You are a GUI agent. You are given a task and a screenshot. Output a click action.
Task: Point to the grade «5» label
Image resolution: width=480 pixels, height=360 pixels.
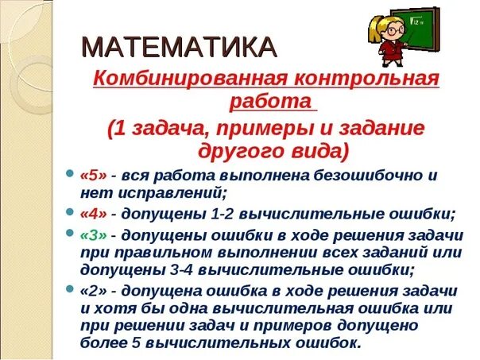(x=93, y=176)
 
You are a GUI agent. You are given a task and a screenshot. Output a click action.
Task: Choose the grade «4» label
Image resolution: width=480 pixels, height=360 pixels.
(x=94, y=215)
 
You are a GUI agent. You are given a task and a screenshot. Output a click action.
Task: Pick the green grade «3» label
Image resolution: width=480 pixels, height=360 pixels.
(x=94, y=236)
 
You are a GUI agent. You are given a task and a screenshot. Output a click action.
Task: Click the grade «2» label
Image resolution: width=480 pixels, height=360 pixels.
(x=94, y=290)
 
